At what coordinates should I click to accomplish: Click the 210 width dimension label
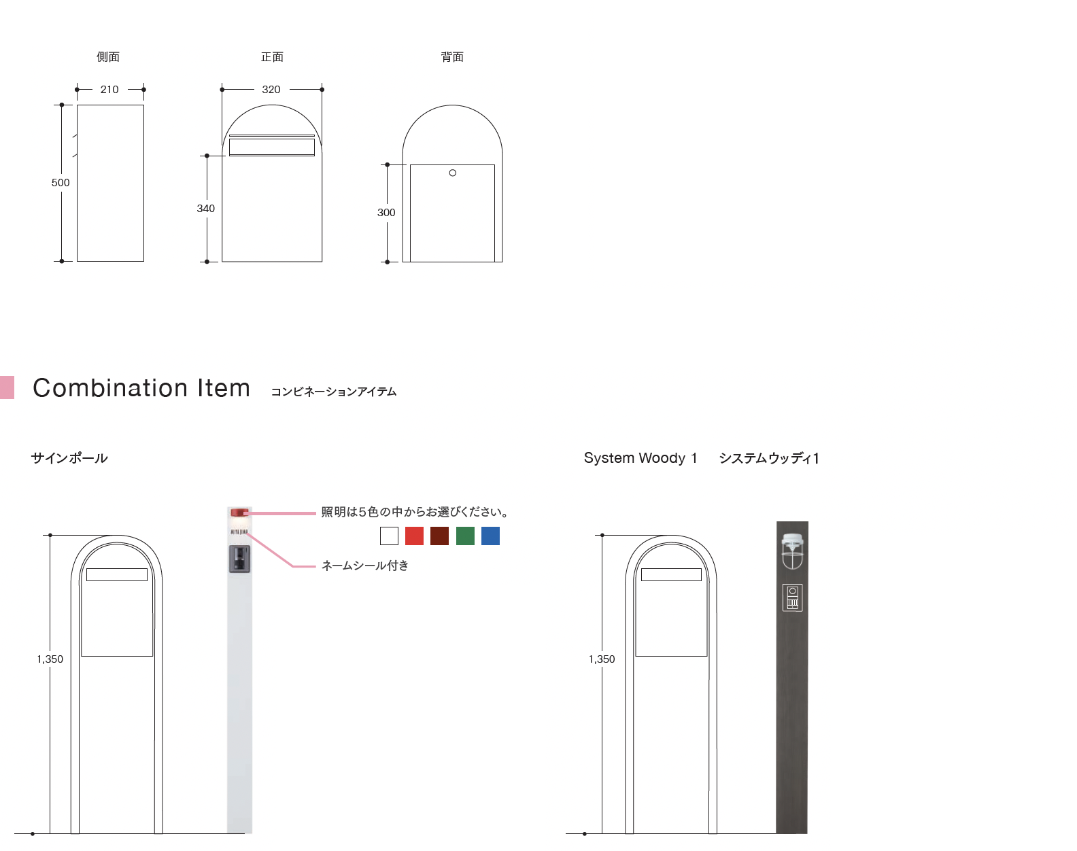click(109, 90)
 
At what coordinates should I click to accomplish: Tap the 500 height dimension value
click(61, 183)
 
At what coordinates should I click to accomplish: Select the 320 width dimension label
click(271, 90)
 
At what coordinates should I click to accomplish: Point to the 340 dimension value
click(206, 208)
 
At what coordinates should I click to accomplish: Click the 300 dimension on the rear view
click(386, 212)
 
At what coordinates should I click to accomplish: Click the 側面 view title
click(108, 57)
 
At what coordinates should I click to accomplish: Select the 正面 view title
click(272, 57)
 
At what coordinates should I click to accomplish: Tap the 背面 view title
click(452, 57)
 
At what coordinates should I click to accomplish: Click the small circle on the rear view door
click(452, 173)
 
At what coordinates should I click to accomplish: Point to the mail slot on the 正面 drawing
click(272, 147)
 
